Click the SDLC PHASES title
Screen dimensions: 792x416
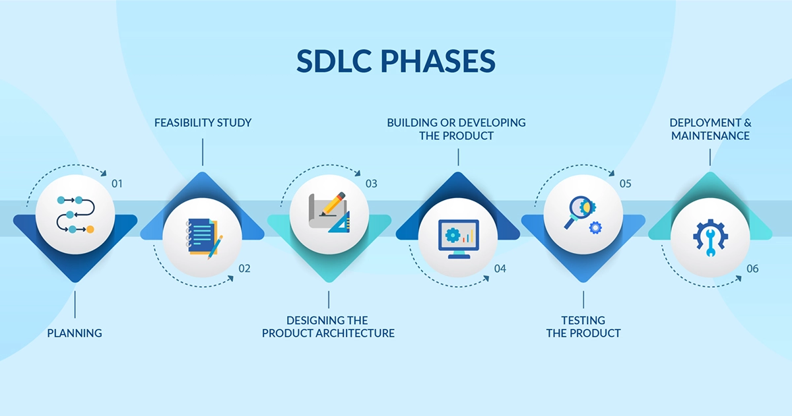tap(395, 61)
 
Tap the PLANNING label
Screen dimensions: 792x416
tap(75, 333)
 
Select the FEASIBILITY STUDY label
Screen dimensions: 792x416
tap(203, 123)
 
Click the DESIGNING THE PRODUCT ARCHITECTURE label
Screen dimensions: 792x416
tap(328, 326)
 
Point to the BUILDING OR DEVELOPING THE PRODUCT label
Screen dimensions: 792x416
tap(456, 129)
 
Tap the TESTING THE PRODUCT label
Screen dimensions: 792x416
tap(583, 326)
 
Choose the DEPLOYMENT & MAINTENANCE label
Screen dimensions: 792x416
tap(710, 129)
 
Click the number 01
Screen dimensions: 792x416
tap(117, 184)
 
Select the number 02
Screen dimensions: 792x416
tap(244, 269)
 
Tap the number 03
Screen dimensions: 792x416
tap(371, 184)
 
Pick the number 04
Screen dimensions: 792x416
tap(500, 269)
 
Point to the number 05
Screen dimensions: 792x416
tap(625, 184)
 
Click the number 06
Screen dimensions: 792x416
tap(752, 269)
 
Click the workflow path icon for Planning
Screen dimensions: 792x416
tap(75, 215)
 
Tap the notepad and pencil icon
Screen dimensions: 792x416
tap(205, 239)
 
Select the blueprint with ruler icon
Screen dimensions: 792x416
tap(329, 212)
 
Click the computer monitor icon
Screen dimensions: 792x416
tap(459, 239)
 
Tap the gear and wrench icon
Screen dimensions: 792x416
tap(710, 237)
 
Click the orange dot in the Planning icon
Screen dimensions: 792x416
tap(90, 230)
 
